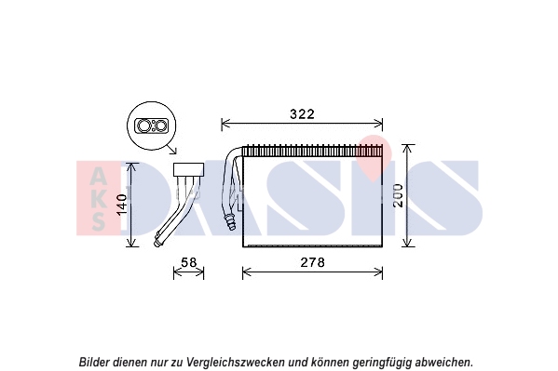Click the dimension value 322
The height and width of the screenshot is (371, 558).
pos(302,114)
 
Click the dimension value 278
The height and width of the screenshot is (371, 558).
pos(313,262)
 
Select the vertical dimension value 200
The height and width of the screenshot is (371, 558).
pos(399,195)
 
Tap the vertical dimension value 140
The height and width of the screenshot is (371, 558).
pos(122,205)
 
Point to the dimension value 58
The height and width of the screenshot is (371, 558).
pos(188,262)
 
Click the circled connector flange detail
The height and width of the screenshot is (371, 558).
pos(151,126)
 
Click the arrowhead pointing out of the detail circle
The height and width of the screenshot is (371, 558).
pos(173,151)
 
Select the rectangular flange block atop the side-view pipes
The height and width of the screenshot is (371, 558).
pos(188,169)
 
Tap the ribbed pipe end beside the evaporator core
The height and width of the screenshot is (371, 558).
pos(230,221)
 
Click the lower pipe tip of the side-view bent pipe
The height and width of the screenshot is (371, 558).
pos(157,242)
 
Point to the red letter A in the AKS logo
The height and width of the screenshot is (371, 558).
pos(97,176)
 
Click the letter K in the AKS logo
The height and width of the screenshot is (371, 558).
pos(98,199)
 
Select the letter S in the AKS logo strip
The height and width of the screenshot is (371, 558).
pos(98,221)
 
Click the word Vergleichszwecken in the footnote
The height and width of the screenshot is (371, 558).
pos(236,362)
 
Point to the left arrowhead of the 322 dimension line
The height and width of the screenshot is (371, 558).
pos(225,125)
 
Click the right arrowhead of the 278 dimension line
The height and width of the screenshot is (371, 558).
pos(379,272)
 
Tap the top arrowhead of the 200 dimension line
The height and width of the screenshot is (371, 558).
pos(408,149)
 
